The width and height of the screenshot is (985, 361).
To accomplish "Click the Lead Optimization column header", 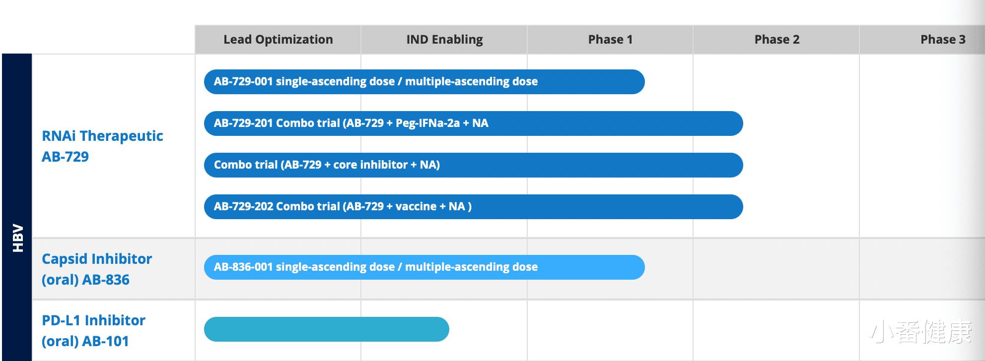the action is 278,40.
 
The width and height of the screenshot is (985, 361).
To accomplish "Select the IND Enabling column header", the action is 444,40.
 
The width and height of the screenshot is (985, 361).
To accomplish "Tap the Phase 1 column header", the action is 610,40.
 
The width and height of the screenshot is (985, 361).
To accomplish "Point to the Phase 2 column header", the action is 776,40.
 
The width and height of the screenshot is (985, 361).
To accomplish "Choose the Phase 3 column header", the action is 942,40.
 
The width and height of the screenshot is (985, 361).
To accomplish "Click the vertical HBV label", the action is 18,238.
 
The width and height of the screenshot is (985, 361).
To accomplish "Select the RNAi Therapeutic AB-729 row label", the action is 102,146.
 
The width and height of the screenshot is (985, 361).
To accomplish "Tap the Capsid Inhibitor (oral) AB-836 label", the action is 97,269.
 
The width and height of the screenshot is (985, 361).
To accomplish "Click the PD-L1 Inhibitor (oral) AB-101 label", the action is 93,331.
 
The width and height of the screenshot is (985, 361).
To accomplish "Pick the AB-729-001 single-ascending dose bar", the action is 424,82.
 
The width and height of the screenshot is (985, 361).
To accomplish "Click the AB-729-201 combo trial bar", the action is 473,123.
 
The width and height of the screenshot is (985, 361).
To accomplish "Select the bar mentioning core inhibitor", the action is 473,165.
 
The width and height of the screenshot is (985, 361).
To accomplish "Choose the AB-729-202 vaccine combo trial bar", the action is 473,207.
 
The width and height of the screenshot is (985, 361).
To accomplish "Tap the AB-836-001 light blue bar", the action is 424,267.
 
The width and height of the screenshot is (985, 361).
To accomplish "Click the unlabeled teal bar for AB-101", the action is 326,329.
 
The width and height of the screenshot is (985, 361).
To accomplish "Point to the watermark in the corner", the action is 921,332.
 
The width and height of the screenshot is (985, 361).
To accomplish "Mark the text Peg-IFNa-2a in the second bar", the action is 427,123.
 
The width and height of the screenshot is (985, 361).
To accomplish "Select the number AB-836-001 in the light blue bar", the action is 243,267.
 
